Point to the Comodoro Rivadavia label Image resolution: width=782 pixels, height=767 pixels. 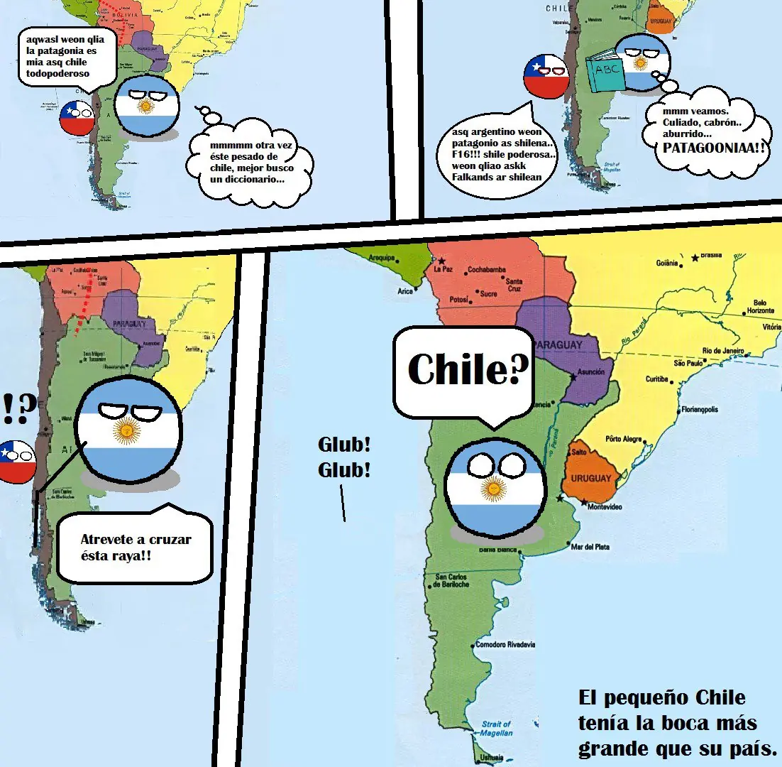(505, 645)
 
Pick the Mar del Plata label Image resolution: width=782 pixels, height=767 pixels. (590, 546)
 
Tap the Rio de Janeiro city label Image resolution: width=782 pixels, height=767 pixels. (723, 351)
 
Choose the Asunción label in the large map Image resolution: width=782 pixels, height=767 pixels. (590, 371)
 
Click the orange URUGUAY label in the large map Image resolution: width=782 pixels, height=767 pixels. (590, 478)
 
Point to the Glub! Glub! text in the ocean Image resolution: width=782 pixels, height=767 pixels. (344, 457)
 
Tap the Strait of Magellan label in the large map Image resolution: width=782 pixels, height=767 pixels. (496, 727)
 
